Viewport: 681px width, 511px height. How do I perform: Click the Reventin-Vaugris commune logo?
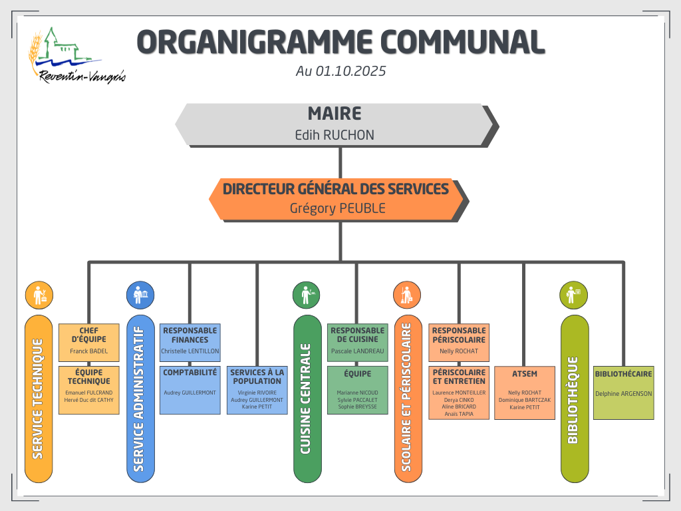click(x=74, y=57)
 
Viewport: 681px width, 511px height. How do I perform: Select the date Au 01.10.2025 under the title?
click(x=340, y=71)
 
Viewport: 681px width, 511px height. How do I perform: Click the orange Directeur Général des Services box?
click(x=337, y=198)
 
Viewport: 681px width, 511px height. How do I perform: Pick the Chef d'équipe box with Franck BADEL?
click(x=88, y=342)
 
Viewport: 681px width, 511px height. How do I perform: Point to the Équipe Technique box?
click(x=88, y=390)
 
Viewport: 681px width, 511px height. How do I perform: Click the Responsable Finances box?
click(x=190, y=342)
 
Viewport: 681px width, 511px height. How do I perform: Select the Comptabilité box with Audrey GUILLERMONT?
click(x=190, y=390)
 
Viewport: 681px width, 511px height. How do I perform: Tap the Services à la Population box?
click(x=257, y=390)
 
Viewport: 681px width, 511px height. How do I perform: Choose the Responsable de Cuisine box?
click(x=357, y=342)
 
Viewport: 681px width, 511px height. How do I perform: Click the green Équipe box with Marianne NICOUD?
click(x=357, y=390)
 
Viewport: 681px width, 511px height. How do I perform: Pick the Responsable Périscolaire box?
click(x=458, y=342)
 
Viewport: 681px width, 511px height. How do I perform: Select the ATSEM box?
click(x=525, y=393)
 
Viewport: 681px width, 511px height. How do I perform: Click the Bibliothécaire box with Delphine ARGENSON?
click(x=623, y=393)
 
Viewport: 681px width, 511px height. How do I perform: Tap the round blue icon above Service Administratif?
click(x=140, y=295)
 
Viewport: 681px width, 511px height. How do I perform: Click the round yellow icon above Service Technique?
click(x=39, y=295)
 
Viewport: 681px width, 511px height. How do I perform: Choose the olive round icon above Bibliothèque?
click(x=575, y=295)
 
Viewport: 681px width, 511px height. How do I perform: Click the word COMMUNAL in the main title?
click(x=460, y=41)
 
